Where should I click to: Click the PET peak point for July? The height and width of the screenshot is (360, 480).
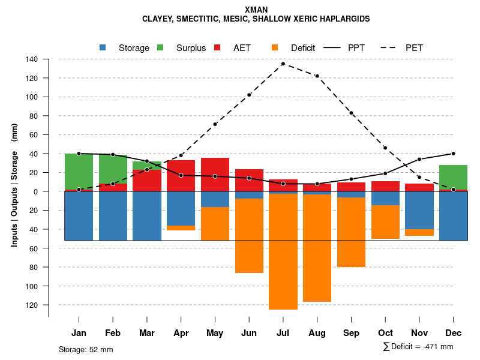pos(283,64)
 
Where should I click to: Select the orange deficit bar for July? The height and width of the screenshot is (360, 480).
pos(283,252)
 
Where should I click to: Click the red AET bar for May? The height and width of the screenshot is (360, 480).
pos(215,175)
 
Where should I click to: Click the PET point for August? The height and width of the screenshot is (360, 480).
pos(317,76)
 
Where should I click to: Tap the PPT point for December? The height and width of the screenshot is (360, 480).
pos(453,154)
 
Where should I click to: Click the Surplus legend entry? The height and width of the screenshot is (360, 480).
pos(190,48)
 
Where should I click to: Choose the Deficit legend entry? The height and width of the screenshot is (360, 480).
pos(302,48)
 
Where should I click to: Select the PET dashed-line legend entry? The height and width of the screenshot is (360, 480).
pos(413,48)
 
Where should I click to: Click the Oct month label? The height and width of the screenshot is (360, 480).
pos(385,333)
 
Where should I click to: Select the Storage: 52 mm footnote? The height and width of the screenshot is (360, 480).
pos(86,349)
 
